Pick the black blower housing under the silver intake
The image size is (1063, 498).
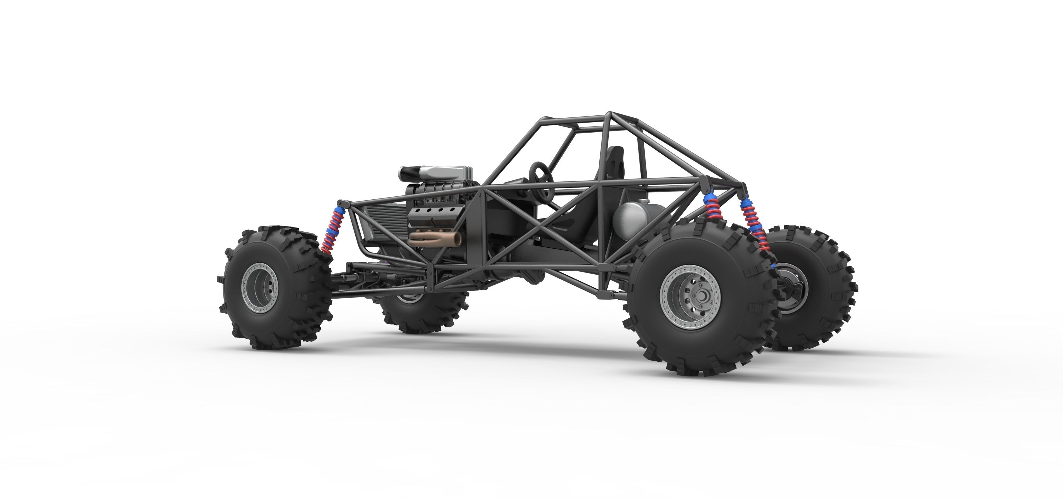pos(433,191)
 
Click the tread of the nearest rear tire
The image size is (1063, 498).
pos(644,330)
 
